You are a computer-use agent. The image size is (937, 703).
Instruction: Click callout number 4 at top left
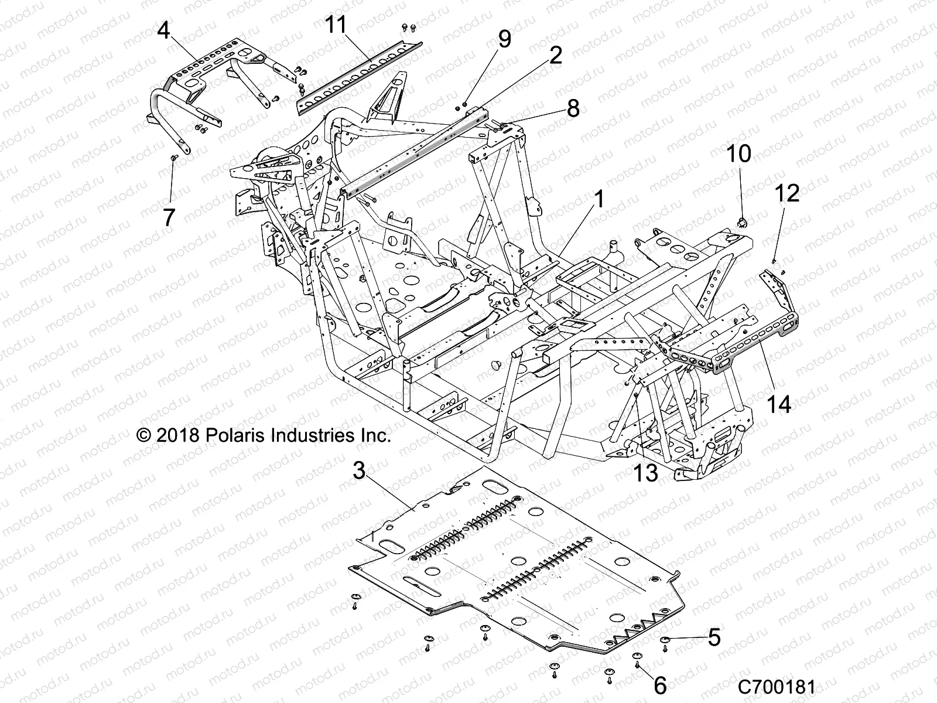click(x=164, y=30)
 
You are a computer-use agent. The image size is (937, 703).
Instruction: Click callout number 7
click(x=169, y=217)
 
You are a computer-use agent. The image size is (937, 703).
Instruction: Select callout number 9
click(x=504, y=39)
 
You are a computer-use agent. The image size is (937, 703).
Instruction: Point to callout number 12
click(x=788, y=193)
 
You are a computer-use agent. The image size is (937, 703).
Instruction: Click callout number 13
click(x=646, y=472)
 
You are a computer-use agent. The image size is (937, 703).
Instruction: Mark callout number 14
click(x=779, y=404)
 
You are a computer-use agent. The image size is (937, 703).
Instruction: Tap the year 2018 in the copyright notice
click(x=187, y=435)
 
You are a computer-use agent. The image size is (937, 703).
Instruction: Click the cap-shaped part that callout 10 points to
click(x=742, y=221)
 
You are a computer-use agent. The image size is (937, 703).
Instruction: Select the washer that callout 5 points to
click(x=666, y=640)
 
